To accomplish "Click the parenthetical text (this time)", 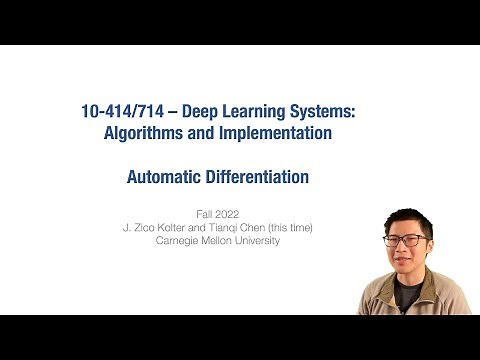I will (x=288, y=227).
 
